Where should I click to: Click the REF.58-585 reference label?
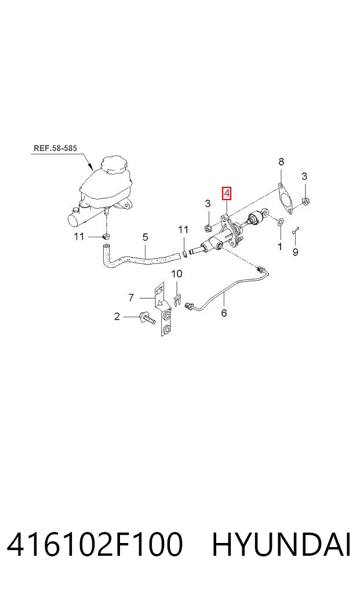(55, 148)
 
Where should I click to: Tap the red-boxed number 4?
(227, 194)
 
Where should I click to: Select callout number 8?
(281, 162)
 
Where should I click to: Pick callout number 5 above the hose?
(145, 237)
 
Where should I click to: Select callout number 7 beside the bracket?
(131, 298)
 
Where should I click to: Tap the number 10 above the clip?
(176, 274)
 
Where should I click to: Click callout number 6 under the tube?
(224, 313)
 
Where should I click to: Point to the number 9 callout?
(295, 252)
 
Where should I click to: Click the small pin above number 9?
(296, 231)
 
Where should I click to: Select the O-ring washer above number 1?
(280, 223)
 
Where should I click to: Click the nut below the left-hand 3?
(208, 228)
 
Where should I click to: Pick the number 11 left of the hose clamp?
(79, 236)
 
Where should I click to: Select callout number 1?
(279, 247)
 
